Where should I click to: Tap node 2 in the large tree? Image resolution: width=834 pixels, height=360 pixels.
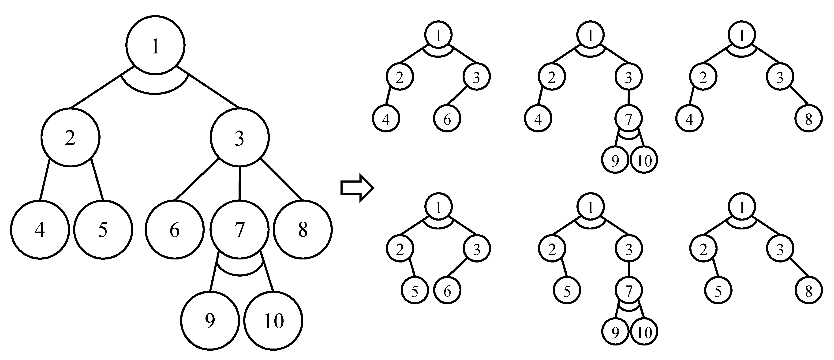click(x=71, y=138)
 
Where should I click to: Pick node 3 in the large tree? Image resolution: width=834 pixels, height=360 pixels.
click(x=239, y=138)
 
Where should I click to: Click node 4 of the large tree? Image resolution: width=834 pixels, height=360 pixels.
click(x=40, y=229)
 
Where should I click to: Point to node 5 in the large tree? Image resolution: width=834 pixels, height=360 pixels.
click(x=103, y=229)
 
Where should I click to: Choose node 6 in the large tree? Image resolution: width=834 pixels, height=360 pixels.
click(x=175, y=229)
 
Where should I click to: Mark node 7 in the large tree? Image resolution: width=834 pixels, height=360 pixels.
click(x=239, y=229)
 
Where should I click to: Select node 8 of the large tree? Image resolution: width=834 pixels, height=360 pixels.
click(x=303, y=229)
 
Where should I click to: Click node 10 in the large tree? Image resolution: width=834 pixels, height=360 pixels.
click(x=273, y=320)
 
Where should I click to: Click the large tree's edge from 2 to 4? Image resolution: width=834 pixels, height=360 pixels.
click(x=45, y=180)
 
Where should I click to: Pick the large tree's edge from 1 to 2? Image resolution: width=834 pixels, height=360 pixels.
click(x=102, y=87)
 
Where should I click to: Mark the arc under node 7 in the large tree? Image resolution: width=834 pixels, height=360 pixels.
click(x=239, y=274)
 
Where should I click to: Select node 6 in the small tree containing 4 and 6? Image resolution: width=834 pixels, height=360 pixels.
click(x=447, y=119)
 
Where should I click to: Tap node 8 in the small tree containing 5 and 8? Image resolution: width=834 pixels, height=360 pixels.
click(x=809, y=291)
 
